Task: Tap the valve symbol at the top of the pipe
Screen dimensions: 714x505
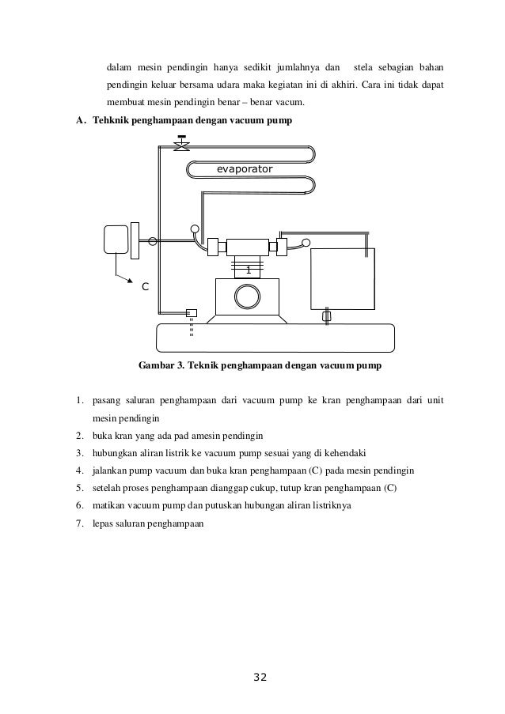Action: [181, 145]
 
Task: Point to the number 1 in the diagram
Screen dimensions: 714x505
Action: [248, 270]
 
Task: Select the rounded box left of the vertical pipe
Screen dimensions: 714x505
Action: [116, 239]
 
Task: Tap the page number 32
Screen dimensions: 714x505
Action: [260, 677]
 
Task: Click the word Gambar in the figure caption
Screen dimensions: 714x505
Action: [158, 366]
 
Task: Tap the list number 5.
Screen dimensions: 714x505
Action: [80, 487]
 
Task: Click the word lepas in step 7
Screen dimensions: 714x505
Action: [104, 522]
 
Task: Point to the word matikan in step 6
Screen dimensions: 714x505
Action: [111, 504]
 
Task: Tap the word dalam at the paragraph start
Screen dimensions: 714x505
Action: [121, 66]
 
